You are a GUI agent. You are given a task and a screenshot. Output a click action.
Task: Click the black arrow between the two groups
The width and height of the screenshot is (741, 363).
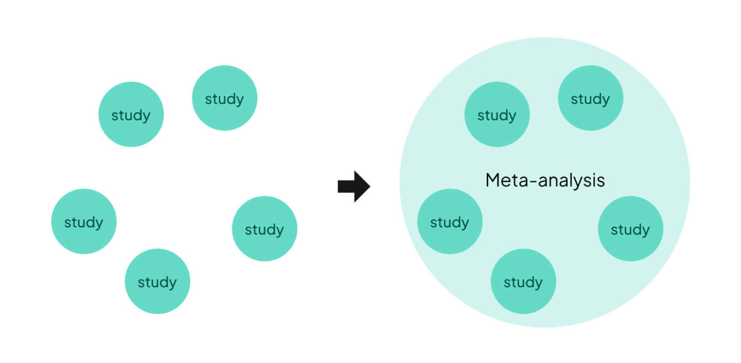click(x=353, y=187)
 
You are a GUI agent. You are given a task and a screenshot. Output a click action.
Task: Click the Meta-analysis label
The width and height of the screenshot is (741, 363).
click(x=545, y=180)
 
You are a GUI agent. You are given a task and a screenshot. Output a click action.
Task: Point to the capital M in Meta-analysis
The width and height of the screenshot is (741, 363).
click(x=493, y=180)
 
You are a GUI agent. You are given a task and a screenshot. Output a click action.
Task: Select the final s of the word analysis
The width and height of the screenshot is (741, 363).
click(x=601, y=181)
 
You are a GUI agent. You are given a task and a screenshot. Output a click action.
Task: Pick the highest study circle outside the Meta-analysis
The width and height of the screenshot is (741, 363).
click(x=224, y=98)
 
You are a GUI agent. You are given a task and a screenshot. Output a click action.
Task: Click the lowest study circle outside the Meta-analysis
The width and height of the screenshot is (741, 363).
click(x=157, y=281)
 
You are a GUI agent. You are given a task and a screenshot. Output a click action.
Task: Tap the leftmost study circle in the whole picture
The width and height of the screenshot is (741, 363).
click(x=84, y=221)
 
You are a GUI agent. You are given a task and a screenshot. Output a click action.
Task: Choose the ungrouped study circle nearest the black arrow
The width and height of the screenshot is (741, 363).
click(x=264, y=228)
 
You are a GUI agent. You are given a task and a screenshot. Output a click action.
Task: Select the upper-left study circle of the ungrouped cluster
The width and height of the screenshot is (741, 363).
click(x=131, y=114)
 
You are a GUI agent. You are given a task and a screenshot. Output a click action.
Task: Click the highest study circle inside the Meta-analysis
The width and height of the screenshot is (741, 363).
click(x=590, y=98)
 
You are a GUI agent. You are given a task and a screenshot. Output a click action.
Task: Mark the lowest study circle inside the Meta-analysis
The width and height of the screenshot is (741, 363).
click(x=523, y=281)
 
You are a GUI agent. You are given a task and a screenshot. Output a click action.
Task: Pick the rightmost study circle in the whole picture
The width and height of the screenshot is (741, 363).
click(x=630, y=228)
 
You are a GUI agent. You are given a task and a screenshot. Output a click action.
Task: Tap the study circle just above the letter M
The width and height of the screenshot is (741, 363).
click(x=497, y=114)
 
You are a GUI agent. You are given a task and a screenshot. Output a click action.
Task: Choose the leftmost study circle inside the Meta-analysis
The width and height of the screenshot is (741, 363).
click(x=450, y=221)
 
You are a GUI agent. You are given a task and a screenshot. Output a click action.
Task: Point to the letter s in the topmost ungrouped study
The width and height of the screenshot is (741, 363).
click(x=208, y=99)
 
